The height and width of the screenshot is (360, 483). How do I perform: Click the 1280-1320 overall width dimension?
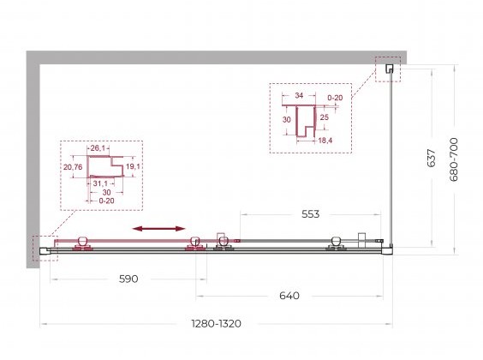pyautogui.click(x=217, y=324)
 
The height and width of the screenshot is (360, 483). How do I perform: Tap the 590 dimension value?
pyautogui.click(x=128, y=279)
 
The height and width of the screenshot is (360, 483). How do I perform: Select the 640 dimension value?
pyautogui.click(x=289, y=296)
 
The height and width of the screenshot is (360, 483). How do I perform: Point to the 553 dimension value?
pyautogui.click(x=311, y=214)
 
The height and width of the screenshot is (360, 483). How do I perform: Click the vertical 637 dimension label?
pyautogui.click(x=432, y=158)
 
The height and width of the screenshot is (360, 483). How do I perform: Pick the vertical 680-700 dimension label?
pyautogui.click(x=453, y=159)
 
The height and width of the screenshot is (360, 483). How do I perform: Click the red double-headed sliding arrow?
pyautogui.click(x=158, y=228)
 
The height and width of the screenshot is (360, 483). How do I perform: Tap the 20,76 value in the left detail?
pyautogui.click(x=73, y=167)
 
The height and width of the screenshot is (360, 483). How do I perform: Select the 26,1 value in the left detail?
pyautogui.click(x=98, y=148)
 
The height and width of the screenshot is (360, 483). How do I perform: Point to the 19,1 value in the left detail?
pyautogui.click(x=133, y=166)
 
